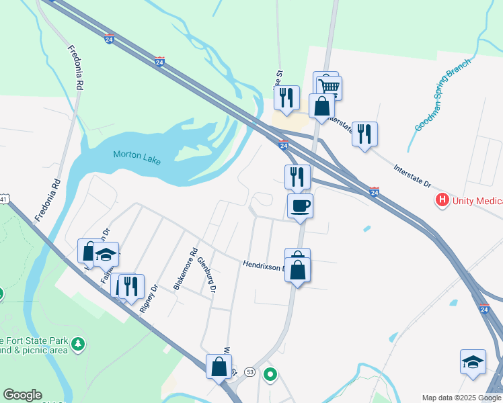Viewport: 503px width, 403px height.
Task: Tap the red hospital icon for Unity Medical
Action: [442, 199]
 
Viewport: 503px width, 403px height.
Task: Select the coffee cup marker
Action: [300, 206]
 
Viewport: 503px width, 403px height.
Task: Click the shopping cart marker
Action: [329, 87]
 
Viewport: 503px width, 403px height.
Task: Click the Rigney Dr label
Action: [149, 299]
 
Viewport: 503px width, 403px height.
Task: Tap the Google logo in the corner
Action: [22, 395]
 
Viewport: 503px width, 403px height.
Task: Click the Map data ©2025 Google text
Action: [461, 398]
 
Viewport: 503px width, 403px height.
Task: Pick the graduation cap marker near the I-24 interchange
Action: [473, 361]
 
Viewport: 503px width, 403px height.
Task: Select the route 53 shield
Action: [250, 371]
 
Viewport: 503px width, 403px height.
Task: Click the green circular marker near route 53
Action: [270, 374]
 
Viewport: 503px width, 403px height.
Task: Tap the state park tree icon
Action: [79, 344]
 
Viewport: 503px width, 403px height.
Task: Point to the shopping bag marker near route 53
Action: [219, 367]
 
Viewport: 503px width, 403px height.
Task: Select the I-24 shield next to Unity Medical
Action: [375, 192]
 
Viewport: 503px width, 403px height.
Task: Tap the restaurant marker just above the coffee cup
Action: [297, 177]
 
